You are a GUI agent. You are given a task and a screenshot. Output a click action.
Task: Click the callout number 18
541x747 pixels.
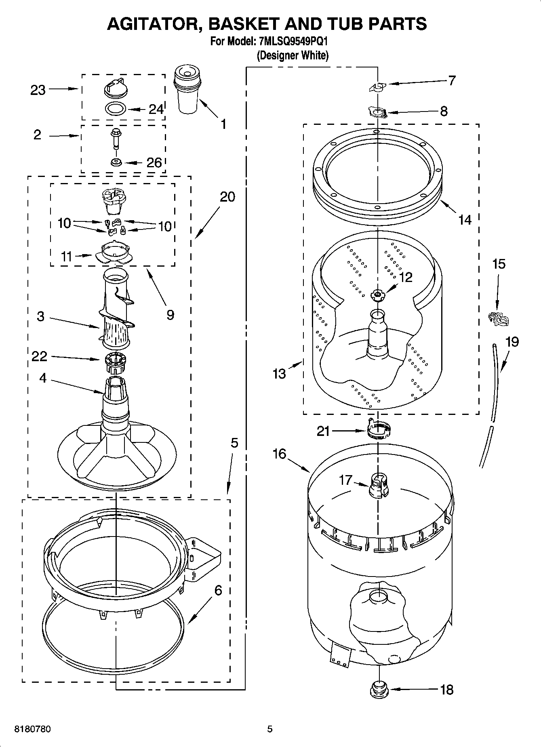(x=447, y=689)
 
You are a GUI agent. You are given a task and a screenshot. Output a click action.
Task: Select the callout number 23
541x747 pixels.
(x=38, y=90)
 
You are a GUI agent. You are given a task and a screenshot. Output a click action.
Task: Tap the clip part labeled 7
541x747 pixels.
(x=377, y=86)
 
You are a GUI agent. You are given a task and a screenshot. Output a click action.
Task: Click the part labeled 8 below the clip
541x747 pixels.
(x=378, y=112)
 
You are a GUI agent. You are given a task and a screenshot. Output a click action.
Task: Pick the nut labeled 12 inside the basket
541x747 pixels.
(x=377, y=295)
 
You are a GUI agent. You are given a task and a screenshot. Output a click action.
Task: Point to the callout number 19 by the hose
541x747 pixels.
(x=512, y=342)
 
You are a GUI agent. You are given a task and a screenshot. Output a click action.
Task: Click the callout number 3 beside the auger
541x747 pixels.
(x=40, y=316)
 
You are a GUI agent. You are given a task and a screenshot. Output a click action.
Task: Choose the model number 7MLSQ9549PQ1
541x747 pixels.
(x=290, y=42)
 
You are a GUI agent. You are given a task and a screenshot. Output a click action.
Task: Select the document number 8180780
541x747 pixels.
(x=32, y=729)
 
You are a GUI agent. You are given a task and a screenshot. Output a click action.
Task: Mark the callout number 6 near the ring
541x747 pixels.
(x=218, y=591)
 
